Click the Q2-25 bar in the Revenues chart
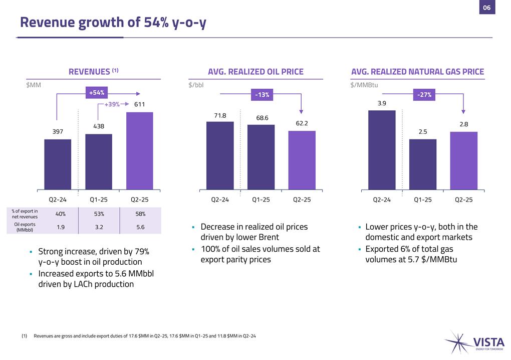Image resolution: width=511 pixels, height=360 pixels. pos(139,150)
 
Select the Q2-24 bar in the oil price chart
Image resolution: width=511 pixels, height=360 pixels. pos(220,155)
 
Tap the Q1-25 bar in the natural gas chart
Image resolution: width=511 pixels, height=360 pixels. pos(423,164)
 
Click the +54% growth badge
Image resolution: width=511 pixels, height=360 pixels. pos(97,93)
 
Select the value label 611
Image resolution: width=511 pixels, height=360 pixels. pos(139,104)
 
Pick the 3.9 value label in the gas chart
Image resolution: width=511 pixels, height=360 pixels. pos(382,103)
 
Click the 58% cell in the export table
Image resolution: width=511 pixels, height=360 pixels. pos(140,214)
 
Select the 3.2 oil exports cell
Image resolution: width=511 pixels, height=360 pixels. pos(99,227)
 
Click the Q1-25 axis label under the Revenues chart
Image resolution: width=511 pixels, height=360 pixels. pos(99,200)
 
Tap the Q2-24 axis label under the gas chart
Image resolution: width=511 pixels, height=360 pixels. pos(382,200)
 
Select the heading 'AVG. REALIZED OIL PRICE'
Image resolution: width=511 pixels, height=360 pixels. pos(255,72)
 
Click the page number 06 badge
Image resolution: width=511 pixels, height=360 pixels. pos(486,8)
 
